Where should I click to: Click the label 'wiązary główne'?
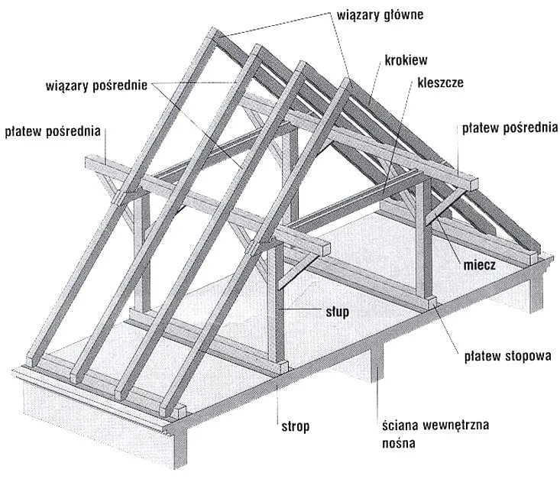(380, 15)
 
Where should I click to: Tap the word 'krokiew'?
(406, 60)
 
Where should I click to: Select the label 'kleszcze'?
(440, 83)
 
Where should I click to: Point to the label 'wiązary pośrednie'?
(96, 86)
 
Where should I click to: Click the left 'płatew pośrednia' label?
(53, 131)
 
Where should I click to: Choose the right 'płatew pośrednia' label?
(510, 128)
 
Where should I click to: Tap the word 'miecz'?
(479, 264)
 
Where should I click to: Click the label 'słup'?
(337, 312)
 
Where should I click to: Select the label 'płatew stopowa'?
(507, 356)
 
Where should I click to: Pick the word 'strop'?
(296, 426)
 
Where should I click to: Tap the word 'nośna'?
(399, 443)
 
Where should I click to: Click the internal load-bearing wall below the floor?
(377, 361)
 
